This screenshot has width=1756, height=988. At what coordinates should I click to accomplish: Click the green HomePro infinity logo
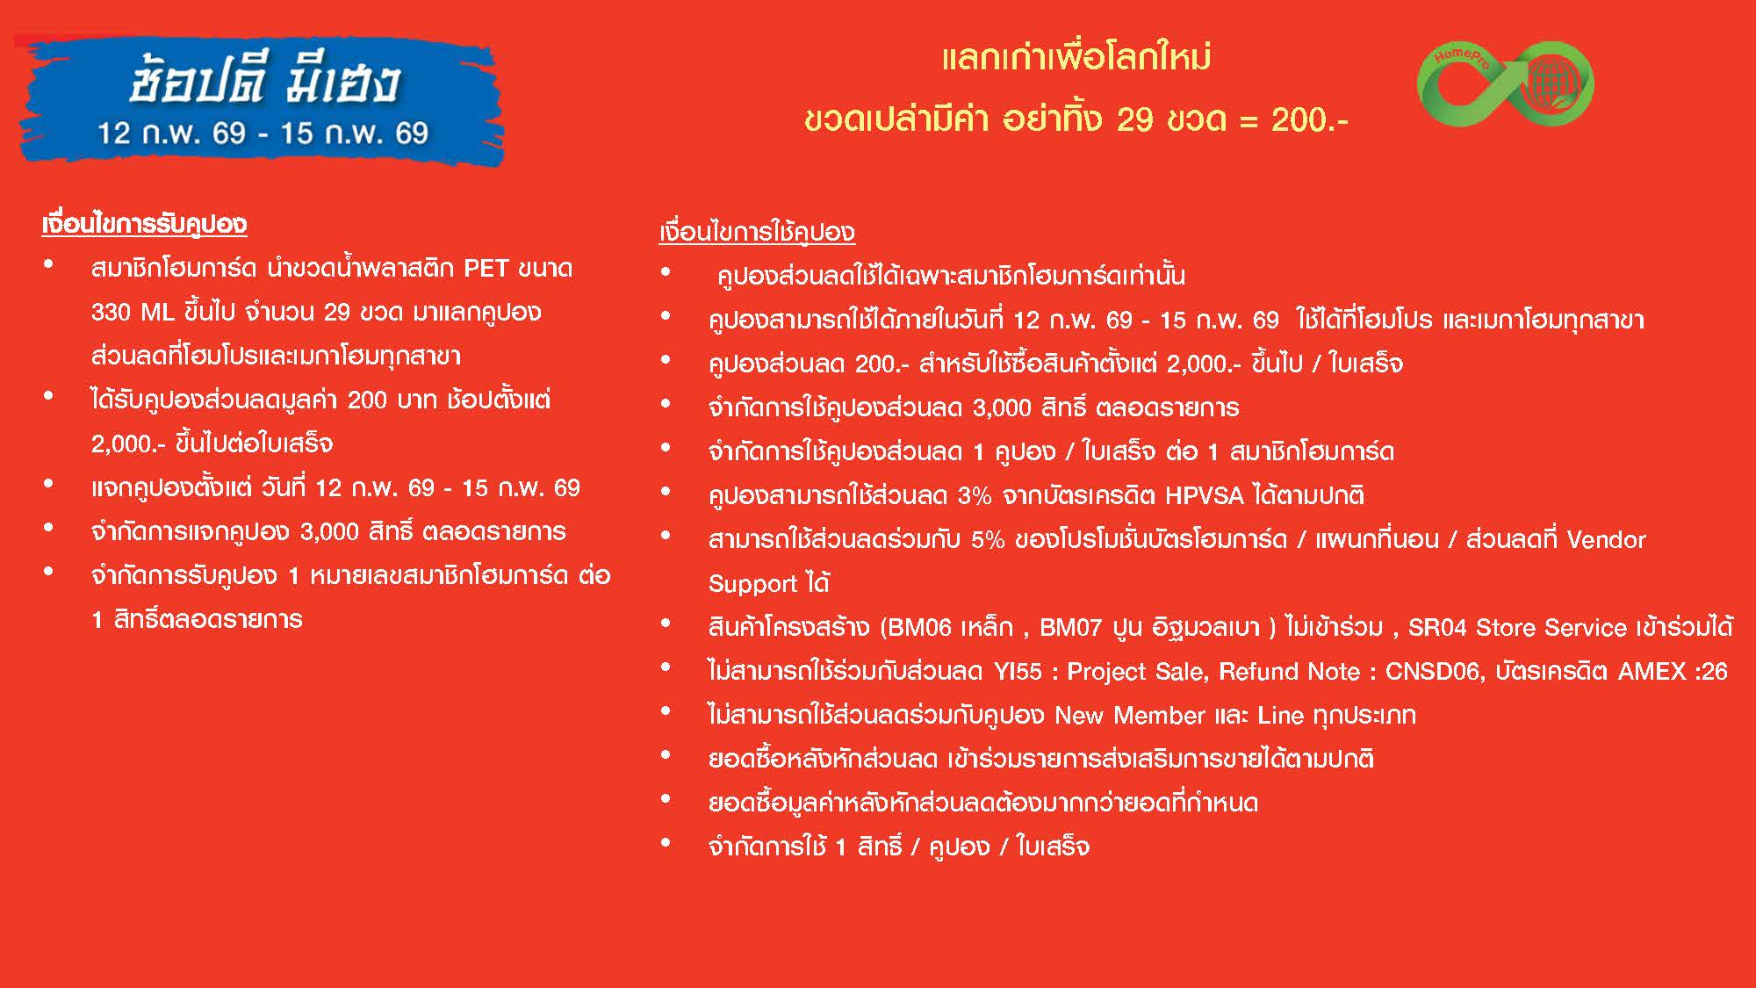pos(1505,83)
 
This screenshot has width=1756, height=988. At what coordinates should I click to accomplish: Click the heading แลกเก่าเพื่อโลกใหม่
pos(1076,58)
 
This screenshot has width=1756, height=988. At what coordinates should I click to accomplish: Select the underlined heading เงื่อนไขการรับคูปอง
pos(144,224)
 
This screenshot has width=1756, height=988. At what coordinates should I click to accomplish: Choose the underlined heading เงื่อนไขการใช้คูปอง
pos(757,232)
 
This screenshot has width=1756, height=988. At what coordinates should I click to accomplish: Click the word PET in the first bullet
pos(486,268)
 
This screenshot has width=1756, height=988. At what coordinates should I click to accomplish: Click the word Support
pos(752,584)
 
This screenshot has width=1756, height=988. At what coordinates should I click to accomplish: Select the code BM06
pos(919,627)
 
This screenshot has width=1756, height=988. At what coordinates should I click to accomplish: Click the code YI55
pos(1018,671)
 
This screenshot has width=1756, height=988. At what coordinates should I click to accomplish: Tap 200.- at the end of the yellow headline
pos(1309,119)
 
